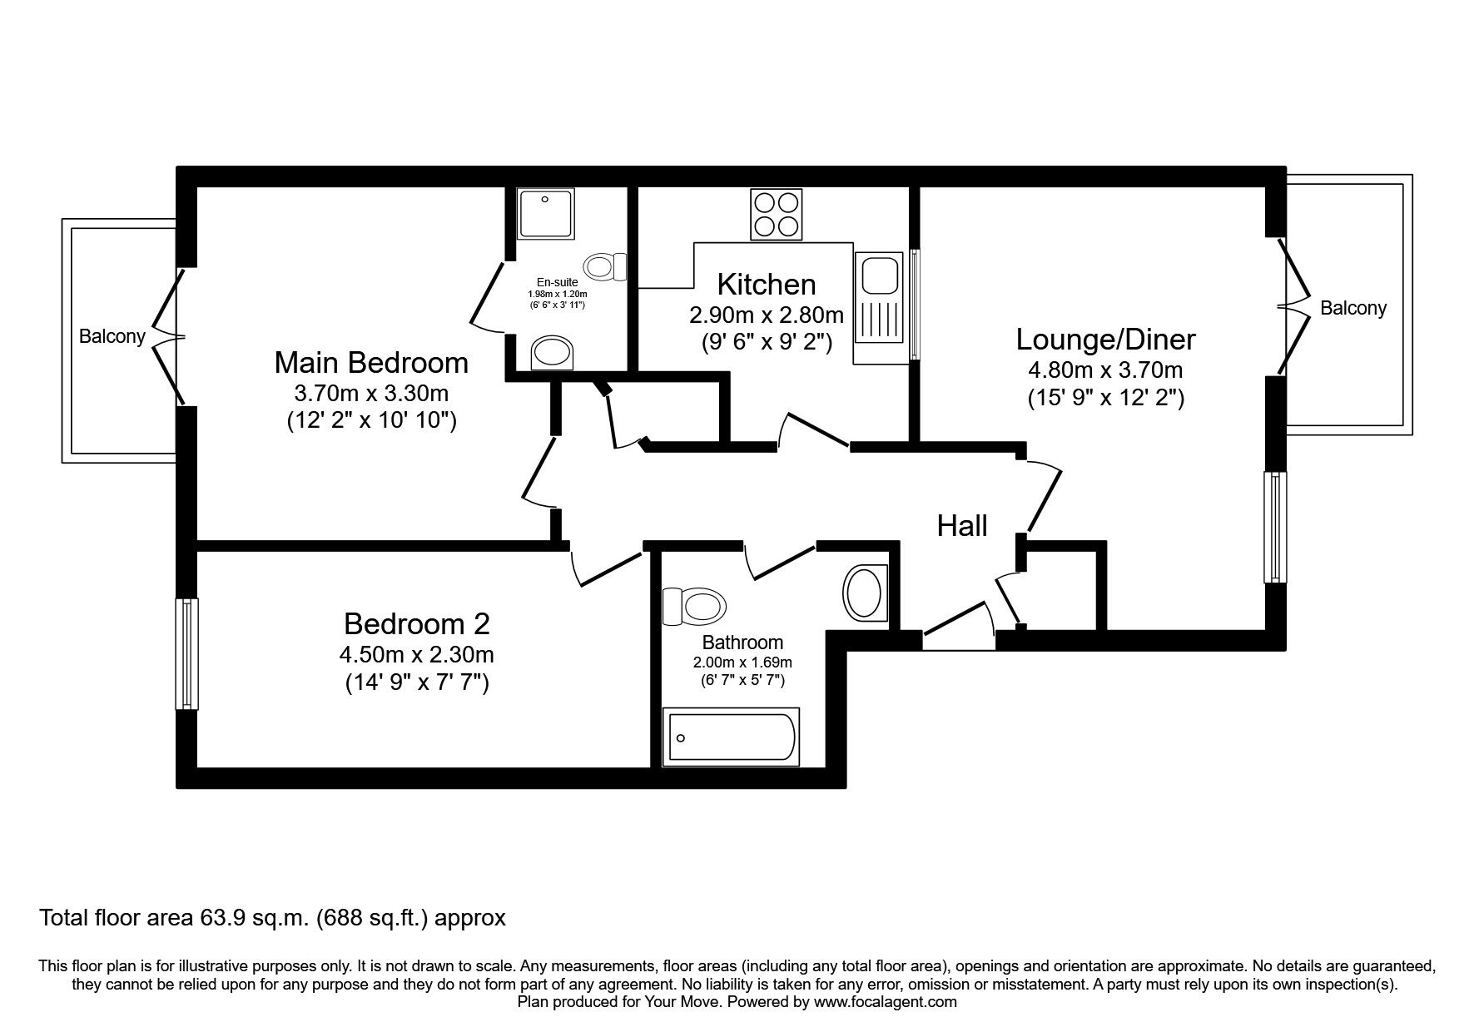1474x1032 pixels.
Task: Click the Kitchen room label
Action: coord(766,285)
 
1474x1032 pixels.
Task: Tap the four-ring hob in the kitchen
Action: coord(777,214)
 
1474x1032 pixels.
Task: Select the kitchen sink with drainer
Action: coord(877,308)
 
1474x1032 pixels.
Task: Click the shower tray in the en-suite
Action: coord(544,214)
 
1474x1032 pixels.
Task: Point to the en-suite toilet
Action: coord(606,267)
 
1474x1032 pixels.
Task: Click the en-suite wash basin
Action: coord(553,353)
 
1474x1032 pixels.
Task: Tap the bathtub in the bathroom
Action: coord(730,737)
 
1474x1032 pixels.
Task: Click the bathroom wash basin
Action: coord(865,593)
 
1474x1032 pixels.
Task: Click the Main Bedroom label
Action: coord(371,363)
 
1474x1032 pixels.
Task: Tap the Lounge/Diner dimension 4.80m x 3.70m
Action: coord(1105,370)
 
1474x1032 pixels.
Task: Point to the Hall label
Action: coord(962,526)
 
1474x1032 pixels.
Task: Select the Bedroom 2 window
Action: coord(187,653)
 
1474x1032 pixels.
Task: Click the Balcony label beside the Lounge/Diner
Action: coord(1353,308)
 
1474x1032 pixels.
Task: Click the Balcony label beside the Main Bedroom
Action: coord(112,336)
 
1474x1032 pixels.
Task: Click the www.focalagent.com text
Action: coord(885,1002)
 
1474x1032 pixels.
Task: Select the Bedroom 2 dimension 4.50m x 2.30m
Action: coord(416,654)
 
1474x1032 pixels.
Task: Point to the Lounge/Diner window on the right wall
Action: coord(1275,527)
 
